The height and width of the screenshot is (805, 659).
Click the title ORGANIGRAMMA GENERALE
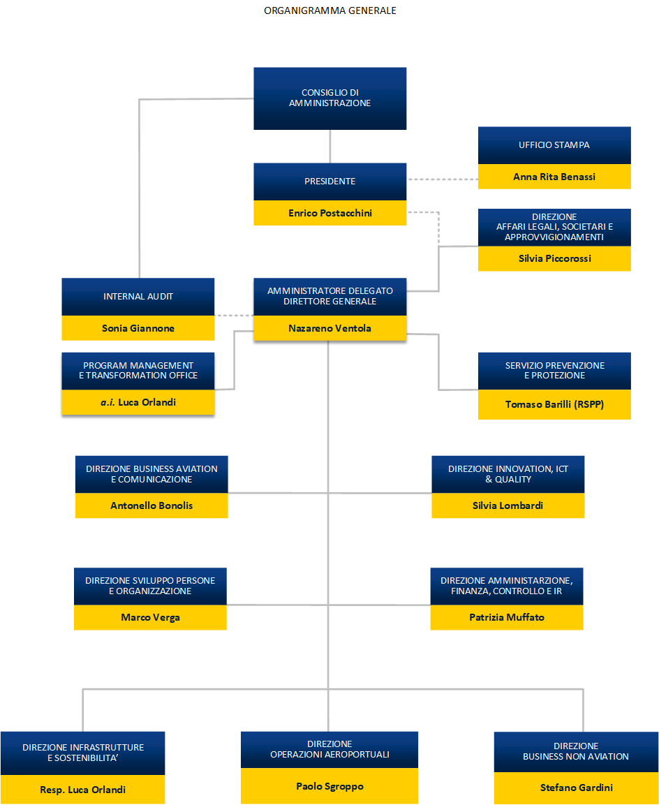(329, 10)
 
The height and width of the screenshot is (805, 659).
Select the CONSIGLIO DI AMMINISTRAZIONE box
(329, 98)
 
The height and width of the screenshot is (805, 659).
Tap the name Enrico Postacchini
(329, 213)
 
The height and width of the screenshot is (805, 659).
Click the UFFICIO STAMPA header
(554, 145)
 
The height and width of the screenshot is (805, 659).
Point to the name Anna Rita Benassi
(554, 177)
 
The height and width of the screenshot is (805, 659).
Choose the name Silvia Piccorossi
(554, 258)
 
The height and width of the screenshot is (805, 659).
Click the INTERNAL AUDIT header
(138, 296)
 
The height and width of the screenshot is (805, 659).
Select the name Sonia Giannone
(138, 328)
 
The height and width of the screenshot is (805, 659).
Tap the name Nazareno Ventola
(329, 328)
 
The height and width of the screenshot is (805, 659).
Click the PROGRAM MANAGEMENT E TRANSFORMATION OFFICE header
(138, 370)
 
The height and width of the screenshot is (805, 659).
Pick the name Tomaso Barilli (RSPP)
(554, 404)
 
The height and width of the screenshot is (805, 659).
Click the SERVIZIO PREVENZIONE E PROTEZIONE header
(554, 370)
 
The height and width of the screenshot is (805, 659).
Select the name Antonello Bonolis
(151, 505)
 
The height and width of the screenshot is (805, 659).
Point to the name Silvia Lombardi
(508, 505)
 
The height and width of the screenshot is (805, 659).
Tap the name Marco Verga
(150, 617)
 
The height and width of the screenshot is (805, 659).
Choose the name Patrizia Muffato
(506, 617)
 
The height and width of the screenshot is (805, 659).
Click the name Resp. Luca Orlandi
(82, 790)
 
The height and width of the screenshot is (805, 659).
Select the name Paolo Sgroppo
(329, 786)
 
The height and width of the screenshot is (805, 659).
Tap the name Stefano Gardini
(576, 788)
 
